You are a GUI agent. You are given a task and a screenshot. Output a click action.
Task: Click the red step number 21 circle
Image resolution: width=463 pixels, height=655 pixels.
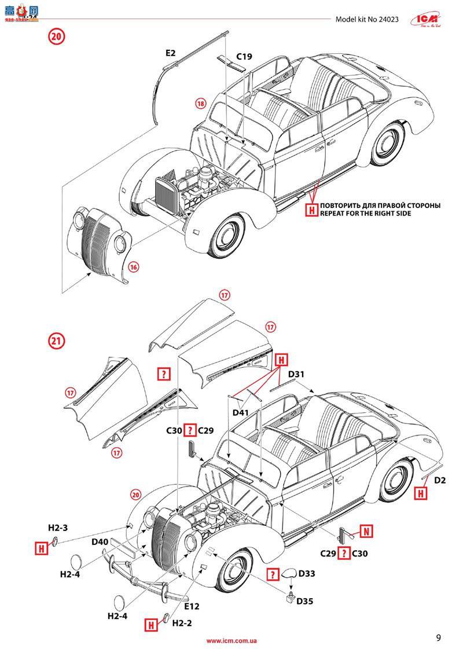(57, 341)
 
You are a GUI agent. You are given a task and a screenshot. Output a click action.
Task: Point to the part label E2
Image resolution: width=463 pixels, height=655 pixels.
(170, 53)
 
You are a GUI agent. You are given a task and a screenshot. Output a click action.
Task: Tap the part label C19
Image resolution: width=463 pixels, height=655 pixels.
(244, 57)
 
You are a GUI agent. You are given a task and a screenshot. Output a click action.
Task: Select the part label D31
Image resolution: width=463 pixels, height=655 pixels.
(296, 374)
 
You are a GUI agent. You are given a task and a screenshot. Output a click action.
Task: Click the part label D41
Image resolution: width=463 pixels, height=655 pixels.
(241, 413)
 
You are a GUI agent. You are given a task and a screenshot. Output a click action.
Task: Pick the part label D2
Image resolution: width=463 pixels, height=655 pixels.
(440, 480)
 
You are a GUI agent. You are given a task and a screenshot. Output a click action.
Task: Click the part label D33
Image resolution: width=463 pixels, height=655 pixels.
(307, 574)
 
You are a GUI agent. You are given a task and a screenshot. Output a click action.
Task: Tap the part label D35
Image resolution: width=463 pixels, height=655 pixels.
(305, 601)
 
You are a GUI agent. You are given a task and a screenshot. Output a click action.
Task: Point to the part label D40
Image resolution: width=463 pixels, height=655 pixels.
(100, 542)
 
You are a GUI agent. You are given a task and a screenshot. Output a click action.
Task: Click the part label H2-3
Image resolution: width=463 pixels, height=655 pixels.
(58, 528)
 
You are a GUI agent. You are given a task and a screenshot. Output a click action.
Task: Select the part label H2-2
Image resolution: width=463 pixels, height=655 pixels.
(182, 623)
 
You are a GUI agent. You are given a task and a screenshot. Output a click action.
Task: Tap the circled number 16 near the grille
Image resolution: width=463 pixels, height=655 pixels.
(134, 267)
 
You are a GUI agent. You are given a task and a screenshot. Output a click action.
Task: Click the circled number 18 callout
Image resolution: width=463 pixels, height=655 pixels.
(200, 104)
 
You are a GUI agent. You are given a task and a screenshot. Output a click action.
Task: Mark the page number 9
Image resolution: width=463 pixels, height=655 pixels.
(439, 638)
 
